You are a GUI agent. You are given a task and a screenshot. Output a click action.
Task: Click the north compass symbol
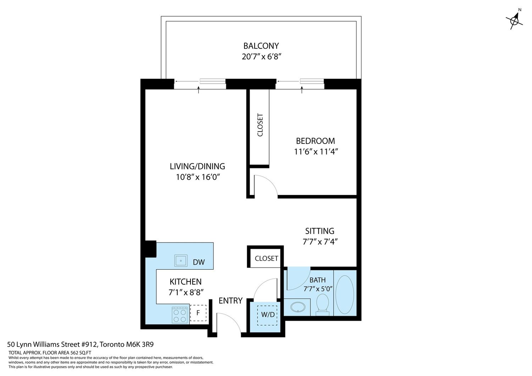[x=514, y=21]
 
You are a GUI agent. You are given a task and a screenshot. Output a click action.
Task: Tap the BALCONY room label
[x=261, y=46]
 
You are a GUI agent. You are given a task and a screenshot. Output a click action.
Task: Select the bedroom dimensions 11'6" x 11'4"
[x=316, y=151]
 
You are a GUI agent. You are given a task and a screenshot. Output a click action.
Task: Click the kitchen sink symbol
[x=181, y=260]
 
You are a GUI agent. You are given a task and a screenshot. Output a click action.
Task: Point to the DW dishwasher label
[x=199, y=262]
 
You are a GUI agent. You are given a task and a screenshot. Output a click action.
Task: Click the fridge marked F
[x=198, y=313]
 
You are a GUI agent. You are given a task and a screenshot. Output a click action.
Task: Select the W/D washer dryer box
[x=267, y=315]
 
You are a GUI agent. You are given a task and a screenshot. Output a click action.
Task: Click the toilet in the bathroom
[x=322, y=305]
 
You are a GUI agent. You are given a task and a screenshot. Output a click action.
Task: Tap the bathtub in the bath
[x=345, y=294]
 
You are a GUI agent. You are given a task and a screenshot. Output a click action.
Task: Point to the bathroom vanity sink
[x=298, y=307]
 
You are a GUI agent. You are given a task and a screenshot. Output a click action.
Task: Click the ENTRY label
[x=231, y=301]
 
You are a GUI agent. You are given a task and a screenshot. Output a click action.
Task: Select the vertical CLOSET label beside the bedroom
[x=260, y=125]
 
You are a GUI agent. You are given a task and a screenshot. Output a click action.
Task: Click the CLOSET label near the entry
[x=266, y=258]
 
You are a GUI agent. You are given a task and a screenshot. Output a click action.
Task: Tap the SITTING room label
[x=320, y=231]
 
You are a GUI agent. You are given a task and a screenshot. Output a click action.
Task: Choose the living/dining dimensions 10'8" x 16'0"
[x=198, y=177]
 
